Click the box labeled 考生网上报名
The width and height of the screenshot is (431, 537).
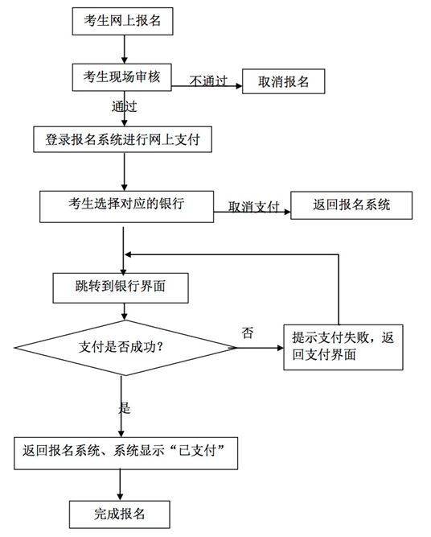(122, 21)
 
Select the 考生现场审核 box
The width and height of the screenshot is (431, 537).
(121, 77)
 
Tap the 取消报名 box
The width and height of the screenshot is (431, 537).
(284, 81)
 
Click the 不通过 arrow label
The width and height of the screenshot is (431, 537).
(208, 81)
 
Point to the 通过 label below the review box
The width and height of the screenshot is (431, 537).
(124, 106)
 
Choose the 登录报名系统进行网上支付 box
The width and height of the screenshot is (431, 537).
(122, 139)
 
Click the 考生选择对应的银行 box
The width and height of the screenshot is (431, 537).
(126, 207)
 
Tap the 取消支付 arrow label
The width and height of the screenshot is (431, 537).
(254, 207)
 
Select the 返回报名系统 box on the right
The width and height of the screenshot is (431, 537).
(351, 205)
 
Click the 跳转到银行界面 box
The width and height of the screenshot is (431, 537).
(121, 288)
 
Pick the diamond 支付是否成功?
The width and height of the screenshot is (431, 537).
(125, 348)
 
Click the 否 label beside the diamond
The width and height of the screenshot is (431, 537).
(248, 333)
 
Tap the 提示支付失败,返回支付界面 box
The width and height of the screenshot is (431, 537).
(343, 347)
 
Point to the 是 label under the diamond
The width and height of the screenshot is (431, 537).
(125, 407)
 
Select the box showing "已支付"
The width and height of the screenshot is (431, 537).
(126, 453)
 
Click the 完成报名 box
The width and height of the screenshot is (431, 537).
(120, 514)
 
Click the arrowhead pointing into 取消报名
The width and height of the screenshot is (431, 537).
(239, 85)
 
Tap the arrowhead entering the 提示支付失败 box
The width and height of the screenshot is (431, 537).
(280, 348)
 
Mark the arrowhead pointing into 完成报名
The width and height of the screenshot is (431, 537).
(120, 497)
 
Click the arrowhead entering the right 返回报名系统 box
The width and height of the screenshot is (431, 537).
(287, 212)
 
